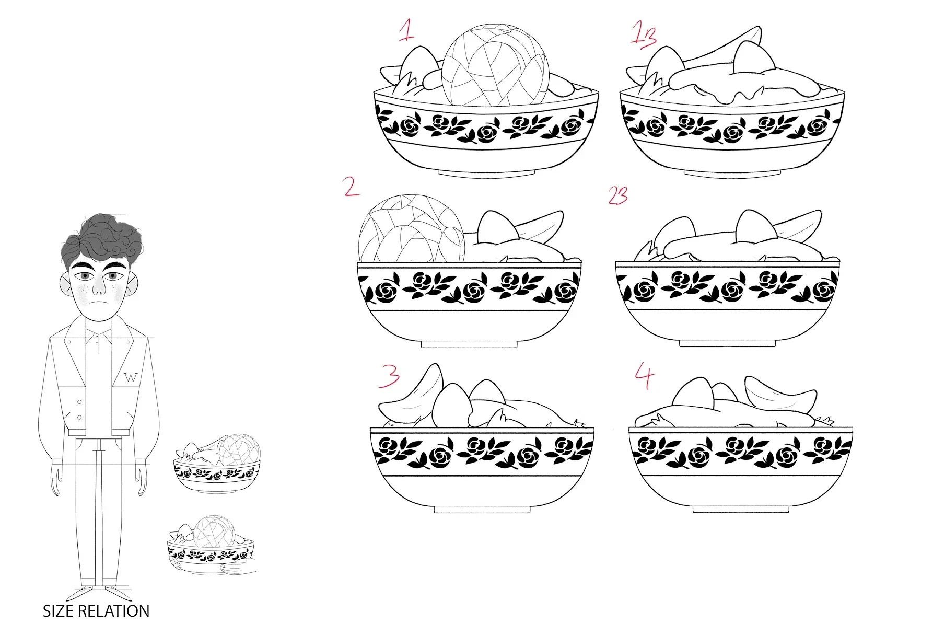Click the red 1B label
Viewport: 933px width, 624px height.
pos(643,35)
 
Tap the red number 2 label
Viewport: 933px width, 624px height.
pos(351,187)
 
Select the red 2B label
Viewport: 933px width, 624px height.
pos(618,195)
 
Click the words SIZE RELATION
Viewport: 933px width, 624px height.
pos(96,611)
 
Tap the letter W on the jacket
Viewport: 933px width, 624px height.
pos(131,377)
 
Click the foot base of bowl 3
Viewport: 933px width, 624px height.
pos(482,509)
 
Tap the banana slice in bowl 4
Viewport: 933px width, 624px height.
pos(780,396)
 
